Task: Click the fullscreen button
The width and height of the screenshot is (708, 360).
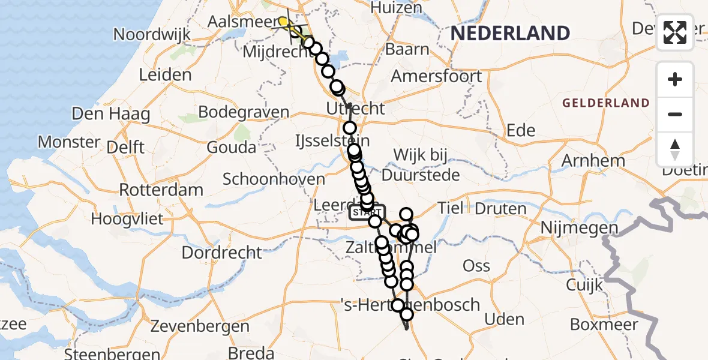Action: [675, 32]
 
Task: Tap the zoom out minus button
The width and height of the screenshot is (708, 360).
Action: [675, 114]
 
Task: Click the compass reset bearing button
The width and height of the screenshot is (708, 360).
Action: [675, 149]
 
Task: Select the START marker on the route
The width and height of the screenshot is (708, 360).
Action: [367, 212]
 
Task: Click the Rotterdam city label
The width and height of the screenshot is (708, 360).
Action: [161, 190]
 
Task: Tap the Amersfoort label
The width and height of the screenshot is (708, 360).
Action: [436, 76]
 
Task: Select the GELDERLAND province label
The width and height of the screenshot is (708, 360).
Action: [606, 103]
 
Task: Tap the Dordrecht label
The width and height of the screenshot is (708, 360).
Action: [221, 253]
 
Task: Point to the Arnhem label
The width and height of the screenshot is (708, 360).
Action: [593, 161]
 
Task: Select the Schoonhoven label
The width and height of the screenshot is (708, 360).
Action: [274, 179]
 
